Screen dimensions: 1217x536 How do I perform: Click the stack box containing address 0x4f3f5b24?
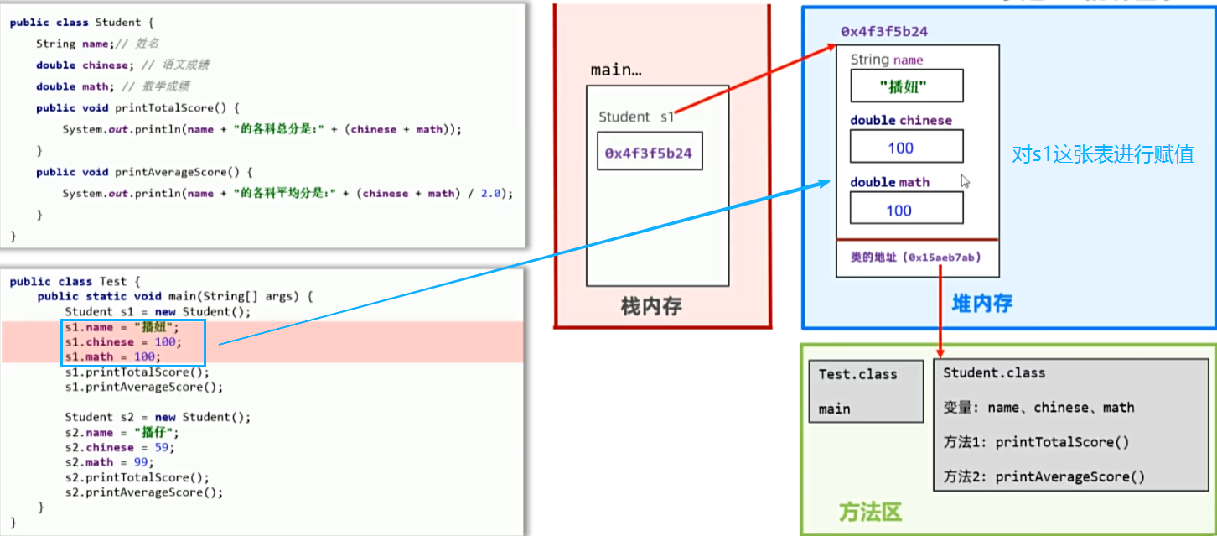pyautogui.click(x=650, y=151)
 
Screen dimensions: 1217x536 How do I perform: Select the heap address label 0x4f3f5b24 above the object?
pyautogui.click(x=884, y=32)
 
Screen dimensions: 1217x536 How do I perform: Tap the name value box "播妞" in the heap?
pyautogui.click(x=907, y=86)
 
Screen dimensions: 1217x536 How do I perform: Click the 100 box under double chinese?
pyautogui.click(x=907, y=146)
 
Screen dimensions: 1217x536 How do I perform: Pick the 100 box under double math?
pyautogui.click(x=907, y=208)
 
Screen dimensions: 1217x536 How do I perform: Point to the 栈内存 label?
pyautogui.click(x=651, y=307)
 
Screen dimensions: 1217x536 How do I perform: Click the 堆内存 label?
pyautogui.click(x=982, y=304)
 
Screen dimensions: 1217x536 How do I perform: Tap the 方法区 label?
pyautogui.click(x=870, y=512)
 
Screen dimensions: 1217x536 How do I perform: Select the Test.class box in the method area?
pyautogui.click(x=866, y=392)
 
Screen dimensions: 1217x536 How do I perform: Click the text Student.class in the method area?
pyautogui.click(x=994, y=373)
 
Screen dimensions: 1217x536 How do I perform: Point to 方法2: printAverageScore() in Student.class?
pyautogui.click(x=1044, y=476)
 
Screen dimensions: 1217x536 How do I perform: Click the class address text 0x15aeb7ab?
pyautogui.click(x=942, y=258)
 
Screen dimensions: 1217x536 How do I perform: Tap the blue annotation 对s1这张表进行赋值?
pyautogui.click(x=1102, y=154)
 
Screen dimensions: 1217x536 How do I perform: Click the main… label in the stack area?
pyautogui.click(x=616, y=70)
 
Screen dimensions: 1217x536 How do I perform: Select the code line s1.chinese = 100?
pyautogui.click(x=123, y=342)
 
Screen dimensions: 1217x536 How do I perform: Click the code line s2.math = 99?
pyautogui.click(x=109, y=462)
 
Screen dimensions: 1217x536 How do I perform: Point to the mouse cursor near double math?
pyautogui.click(x=965, y=181)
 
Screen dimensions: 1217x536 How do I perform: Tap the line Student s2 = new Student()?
pyautogui.click(x=158, y=417)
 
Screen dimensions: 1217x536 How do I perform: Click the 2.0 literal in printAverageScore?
pyautogui.click(x=490, y=194)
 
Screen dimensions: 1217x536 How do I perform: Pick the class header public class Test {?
pyautogui.click(x=75, y=282)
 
